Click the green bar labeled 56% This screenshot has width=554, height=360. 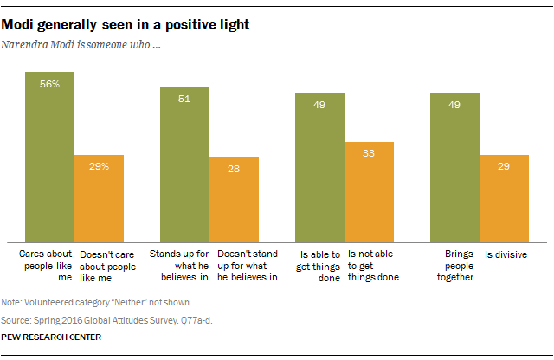point(49,156)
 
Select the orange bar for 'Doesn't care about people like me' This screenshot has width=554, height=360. point(99,198)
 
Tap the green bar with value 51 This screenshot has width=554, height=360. point(184,164)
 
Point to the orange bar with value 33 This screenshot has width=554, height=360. point(370,191)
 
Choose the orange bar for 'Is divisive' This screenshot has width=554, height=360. point(505,198)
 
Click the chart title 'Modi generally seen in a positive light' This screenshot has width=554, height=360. point(126,25)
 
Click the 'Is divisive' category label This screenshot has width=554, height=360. point(506,255)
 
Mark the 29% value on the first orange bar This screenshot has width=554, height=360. point(99,166)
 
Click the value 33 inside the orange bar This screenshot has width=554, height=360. point(370,153)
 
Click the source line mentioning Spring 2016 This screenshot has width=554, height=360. point(112,318)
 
